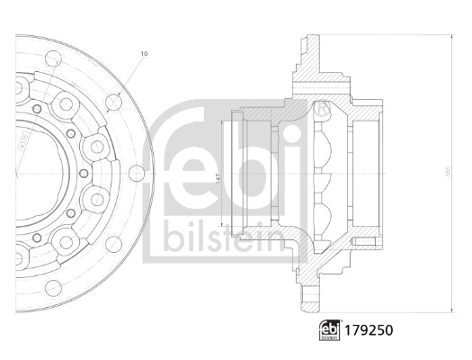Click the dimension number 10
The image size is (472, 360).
144,55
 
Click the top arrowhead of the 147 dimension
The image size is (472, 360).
222,113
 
